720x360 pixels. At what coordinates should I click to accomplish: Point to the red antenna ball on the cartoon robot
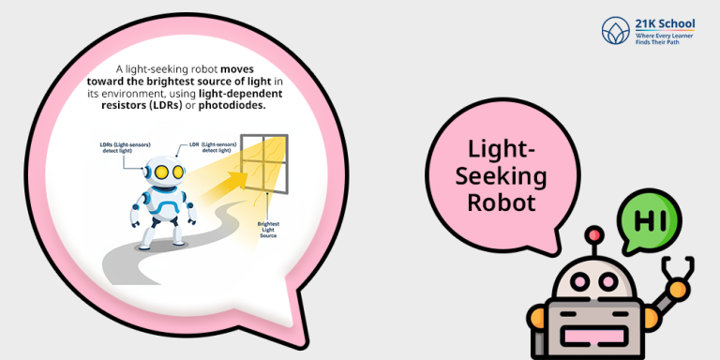[593, 234]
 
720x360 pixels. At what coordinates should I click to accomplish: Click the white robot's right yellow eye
[174, 172]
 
